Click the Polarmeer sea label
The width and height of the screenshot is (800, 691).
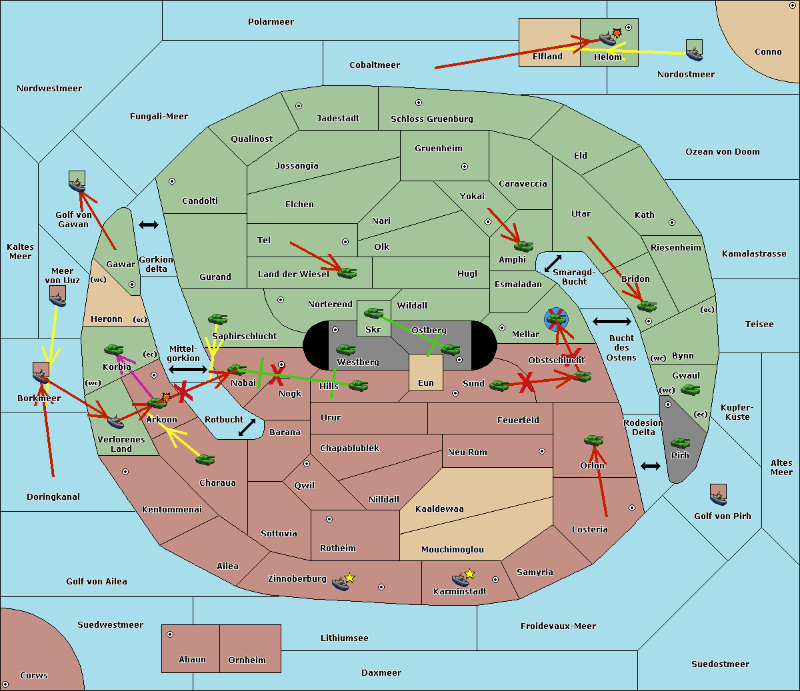tap(271, 22)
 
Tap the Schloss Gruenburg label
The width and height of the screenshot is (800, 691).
tap(431, 119)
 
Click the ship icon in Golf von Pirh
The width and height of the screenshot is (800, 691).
tap(718, 496)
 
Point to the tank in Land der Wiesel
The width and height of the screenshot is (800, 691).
tap(347, 273)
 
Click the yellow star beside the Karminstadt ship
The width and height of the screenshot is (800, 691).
tap(470, 574)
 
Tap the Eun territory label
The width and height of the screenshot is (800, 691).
tap(426, 383)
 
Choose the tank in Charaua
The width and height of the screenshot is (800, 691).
tap(205, 459)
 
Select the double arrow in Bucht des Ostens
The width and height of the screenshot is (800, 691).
tap(611, 322)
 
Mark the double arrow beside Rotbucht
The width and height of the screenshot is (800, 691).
tap(247, 427)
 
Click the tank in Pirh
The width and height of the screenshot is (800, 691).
tap(680, 443)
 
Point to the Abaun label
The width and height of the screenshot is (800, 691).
tap(192, 660)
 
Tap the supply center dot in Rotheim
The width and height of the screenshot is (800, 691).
tap(329, 519)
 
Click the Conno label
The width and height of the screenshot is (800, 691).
tap(768, 52)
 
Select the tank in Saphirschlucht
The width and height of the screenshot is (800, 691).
tap(217, 320)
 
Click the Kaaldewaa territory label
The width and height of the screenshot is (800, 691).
tap(439, 509)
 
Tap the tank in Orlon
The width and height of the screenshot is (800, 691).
tap(593, 440)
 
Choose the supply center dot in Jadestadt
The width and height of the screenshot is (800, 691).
tap(299, 106)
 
